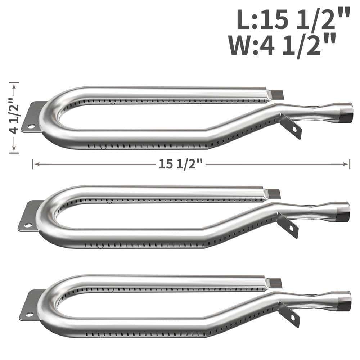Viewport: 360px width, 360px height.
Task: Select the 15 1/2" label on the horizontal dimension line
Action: pyautogui.click(x=181, y=164)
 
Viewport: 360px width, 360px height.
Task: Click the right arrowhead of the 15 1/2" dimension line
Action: pyautogui.click(x=346, y=164)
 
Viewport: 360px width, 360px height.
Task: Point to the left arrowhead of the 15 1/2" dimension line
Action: pyautogui.click(x=37, y=164)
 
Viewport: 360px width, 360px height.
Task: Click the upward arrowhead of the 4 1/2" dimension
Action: pyautogui.click(x=14, y=86)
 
